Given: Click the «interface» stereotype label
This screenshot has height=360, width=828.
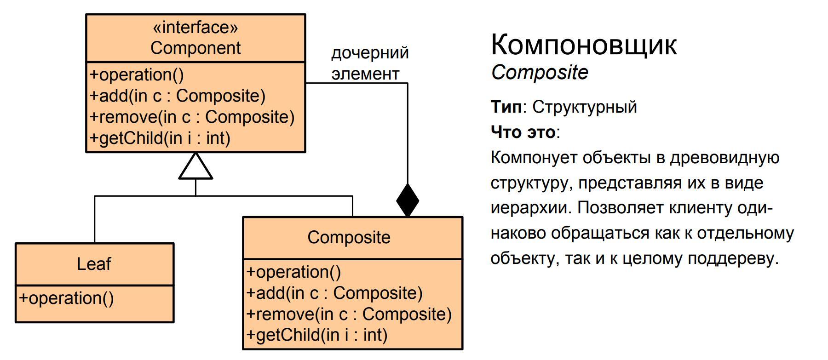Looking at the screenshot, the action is [x=195, y=28].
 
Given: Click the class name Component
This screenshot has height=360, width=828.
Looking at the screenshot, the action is [x=195, y=48].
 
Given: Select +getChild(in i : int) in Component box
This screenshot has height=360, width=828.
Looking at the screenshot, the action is [x=160, y=138].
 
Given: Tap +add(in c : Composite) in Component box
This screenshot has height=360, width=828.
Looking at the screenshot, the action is [x=178, y=96].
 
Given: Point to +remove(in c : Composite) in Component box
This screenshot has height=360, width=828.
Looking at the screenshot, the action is [x=192, y=117].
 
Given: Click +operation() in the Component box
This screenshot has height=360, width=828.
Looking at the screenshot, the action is [x=137, y=74].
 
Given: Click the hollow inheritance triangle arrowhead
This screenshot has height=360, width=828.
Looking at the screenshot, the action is [x=195, y=166].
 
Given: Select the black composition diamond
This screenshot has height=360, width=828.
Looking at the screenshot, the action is [x=408, y=200].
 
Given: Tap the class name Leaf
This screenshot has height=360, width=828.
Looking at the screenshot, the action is [x=94, y=264].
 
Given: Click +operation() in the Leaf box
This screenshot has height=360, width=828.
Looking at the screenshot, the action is [x=66, y=298].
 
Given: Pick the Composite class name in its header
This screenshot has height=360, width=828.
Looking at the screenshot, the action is [x=349, y=237].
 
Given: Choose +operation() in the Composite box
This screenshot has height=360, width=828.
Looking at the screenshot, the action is [x=293, y=272].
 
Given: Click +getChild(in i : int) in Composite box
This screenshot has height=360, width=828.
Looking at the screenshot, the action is [x=316, y=335].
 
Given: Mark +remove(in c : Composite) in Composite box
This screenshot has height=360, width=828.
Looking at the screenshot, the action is [x=349, y=314].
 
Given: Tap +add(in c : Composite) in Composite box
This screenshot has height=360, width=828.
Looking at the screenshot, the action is [x=334, y=293].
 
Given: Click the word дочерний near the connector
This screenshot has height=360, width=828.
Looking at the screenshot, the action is [x=370, y=53].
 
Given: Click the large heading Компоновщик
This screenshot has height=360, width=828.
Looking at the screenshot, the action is [x=584, y=45].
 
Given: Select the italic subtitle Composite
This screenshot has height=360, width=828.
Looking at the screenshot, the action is [x=540, y=73].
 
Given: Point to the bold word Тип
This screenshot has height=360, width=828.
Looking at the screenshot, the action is [x=506, y=107].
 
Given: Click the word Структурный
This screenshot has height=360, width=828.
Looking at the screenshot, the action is [x=585, y=107].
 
